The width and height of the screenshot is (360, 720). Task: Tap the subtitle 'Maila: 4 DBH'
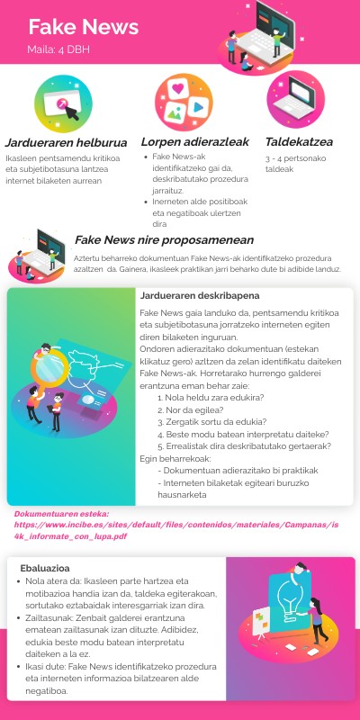click(x=56, y=49)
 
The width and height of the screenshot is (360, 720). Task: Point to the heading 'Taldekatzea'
click(x=299, y=141)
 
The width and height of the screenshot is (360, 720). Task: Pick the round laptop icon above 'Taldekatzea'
click(x=296, y=99)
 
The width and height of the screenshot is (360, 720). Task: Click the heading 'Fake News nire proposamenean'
click(x=164, y=240)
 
